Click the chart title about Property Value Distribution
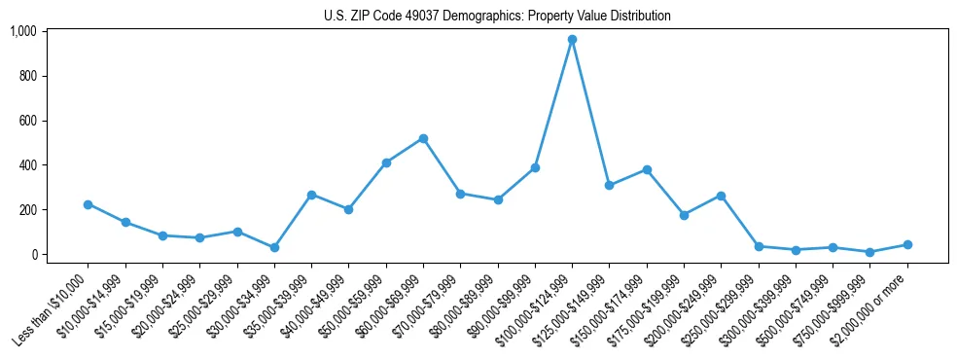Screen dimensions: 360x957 click(497, 17)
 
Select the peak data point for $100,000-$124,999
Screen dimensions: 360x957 click(572, 40)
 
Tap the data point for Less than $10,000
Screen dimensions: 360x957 click(88, 204)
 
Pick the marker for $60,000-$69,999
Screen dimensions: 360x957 click(423, 138)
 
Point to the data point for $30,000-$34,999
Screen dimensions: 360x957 click(274, 247)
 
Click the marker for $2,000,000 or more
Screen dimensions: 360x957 click(907, 245)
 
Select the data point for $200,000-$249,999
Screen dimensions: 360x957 click(721, 196)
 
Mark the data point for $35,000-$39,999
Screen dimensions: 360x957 click(311, 195)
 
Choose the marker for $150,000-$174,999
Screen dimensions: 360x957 click(647, 169)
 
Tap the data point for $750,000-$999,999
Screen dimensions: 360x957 click(870, 252)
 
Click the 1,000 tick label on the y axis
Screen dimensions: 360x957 click(22, 31)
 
